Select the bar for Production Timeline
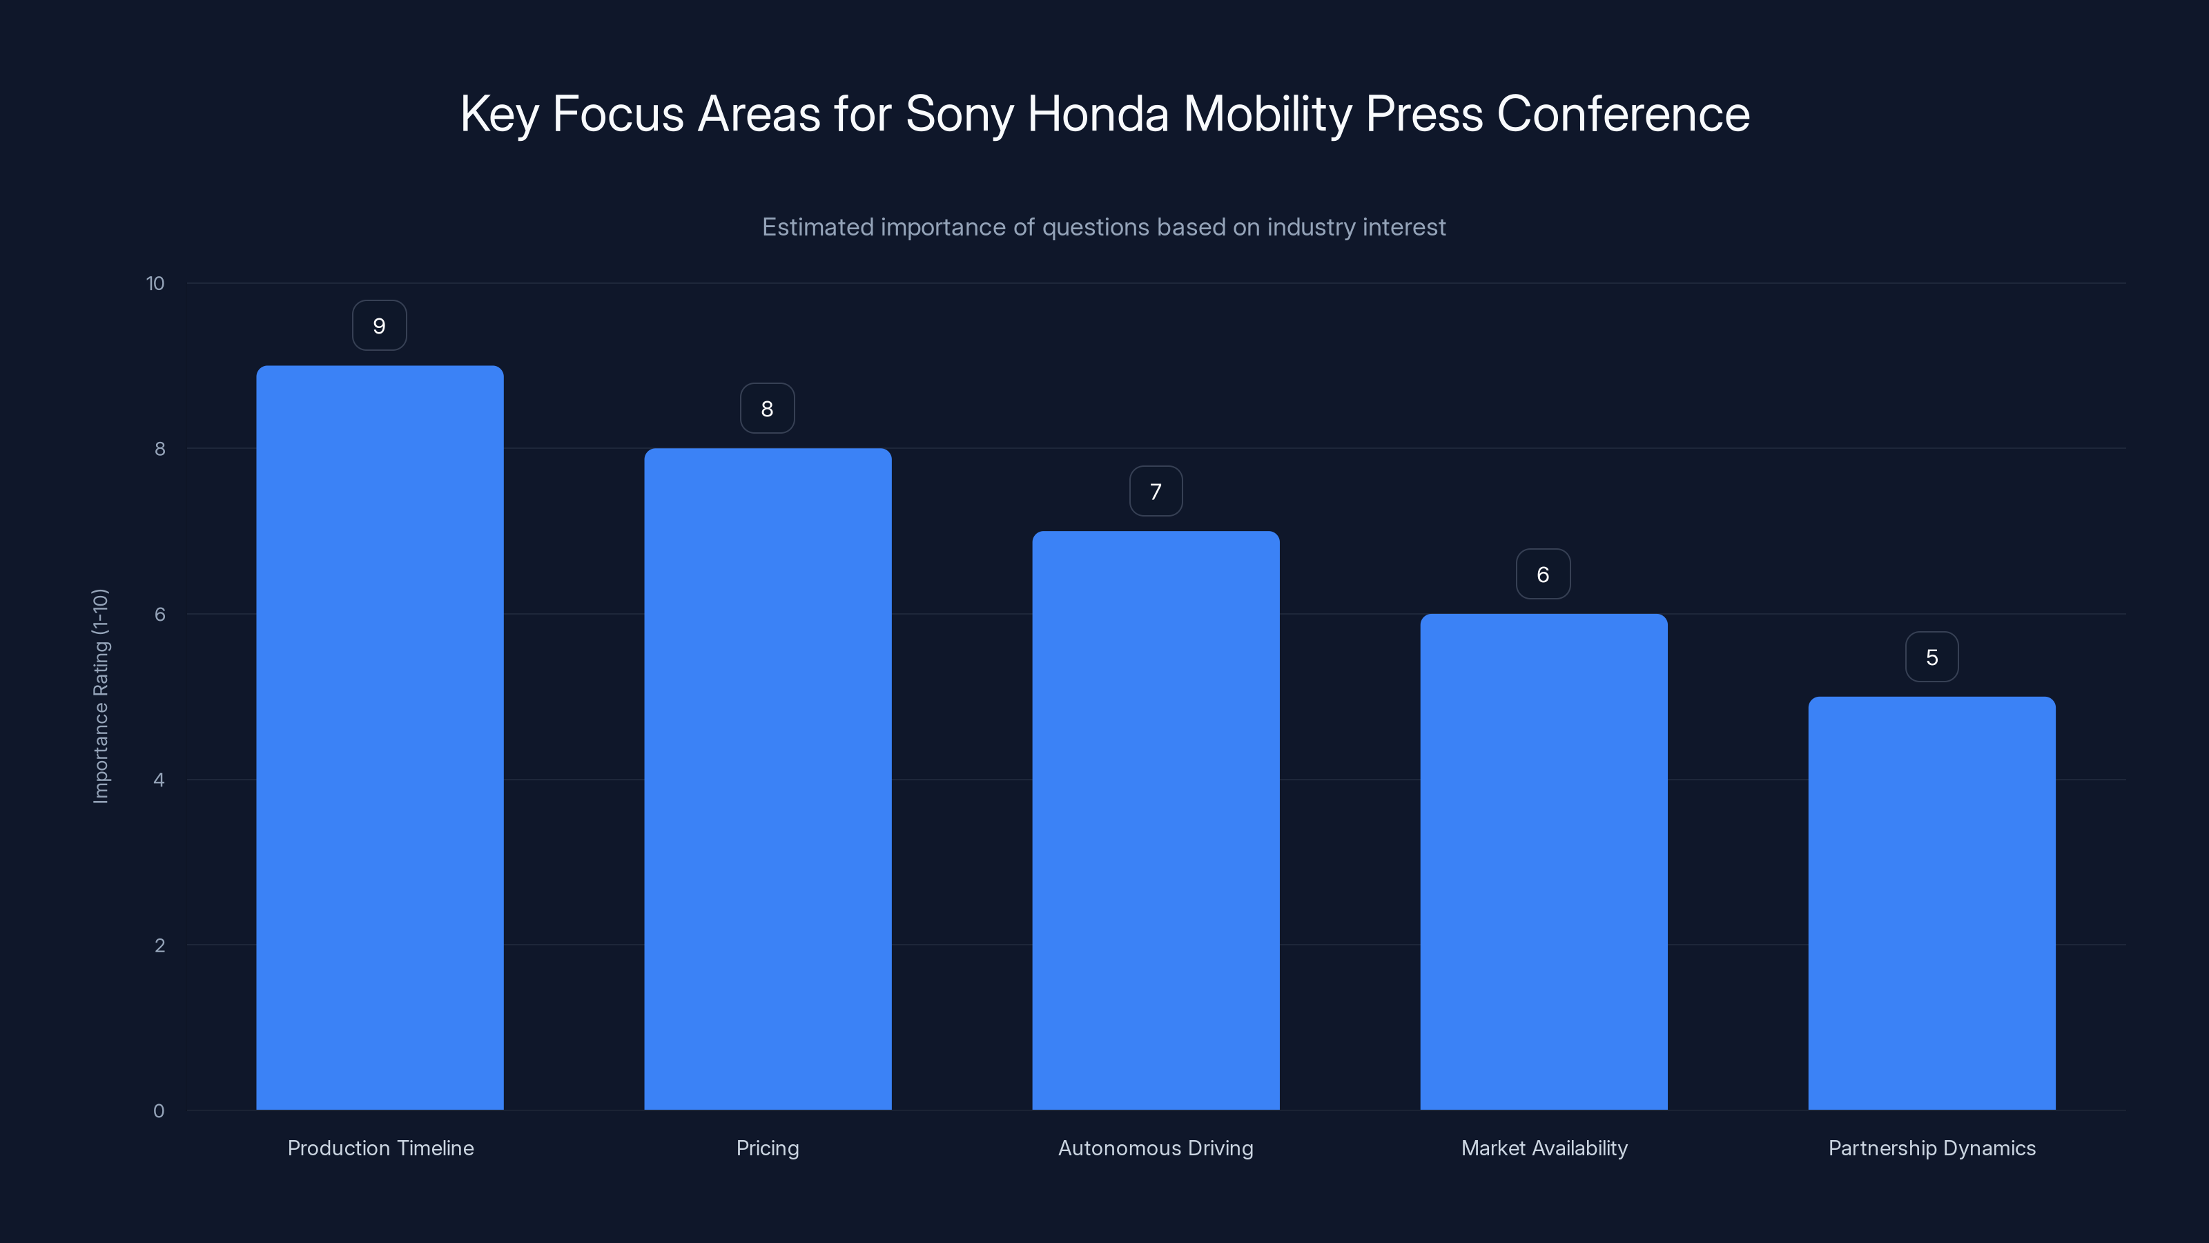click(380, 738)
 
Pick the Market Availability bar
click(1544, 861)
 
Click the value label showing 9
click(379, 326)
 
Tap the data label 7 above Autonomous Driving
click(1155, 492)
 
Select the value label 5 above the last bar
click(1931, 657)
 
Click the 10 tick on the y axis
click(155, 284)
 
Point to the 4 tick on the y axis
click(159, 780)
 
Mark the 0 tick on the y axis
click(159, 1111)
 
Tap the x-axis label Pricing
click(768, 1148)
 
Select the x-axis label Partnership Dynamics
click(1931, 1148)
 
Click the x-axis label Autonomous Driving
click(1155, 1148)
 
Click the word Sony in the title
click(959, 114)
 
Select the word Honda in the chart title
click(1098, 114)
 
